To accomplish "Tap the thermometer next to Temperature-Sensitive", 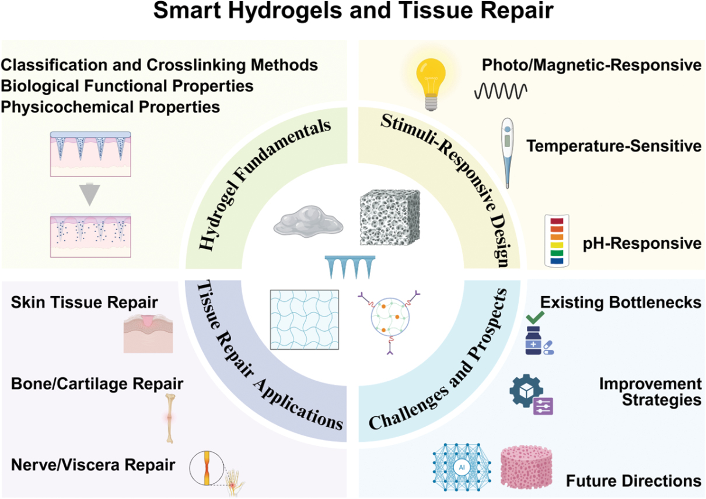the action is (x=507, y=153).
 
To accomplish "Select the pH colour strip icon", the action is (x=557, y=241).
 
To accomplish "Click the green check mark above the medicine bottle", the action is (x=535, y=317).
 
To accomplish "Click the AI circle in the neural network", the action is (x=462, y=467).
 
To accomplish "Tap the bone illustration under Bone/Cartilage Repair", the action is (x=170, y=419).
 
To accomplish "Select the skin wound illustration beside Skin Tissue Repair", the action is (x=148, y=333).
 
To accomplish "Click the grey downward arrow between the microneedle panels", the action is (x=89, y=194).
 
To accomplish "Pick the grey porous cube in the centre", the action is (x=390, y=217).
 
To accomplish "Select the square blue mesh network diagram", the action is (x=305, y=319).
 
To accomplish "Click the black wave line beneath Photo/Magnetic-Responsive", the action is (x=501, y=92).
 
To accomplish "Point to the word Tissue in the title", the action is (x=436, y=10).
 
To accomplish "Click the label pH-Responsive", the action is (x=642, y=243).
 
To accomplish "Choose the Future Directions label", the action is (x=634, y=481).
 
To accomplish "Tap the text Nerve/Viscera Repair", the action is (x=93, y=465).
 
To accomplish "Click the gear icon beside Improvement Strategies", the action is (x=526, y=391).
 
